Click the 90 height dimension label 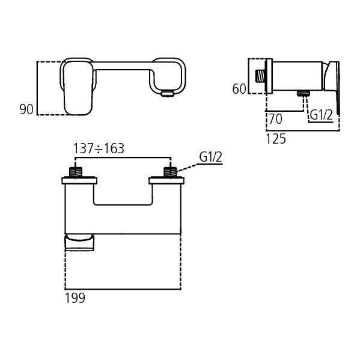[x=26, y=109]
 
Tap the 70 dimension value [x=276, y=117]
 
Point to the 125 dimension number [x=276, y=139]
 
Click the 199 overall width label [x=75, y=298]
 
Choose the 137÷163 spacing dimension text [x=99, y=148]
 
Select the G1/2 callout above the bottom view [x=210, y=157]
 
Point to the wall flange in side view [x=269, y=76]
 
